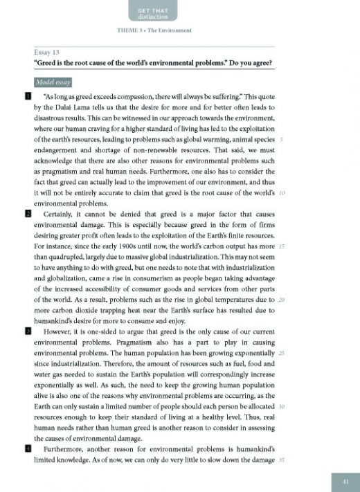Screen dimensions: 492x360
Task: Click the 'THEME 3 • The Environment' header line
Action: [156, 32]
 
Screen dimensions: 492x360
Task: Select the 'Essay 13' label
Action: [46, 53]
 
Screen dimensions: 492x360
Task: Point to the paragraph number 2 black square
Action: [28, 215]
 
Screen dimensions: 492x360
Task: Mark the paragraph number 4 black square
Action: [28, 449]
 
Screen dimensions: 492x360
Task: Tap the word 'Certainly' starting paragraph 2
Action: [60, 215]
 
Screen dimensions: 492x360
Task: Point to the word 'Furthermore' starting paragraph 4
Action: [66, 449]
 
